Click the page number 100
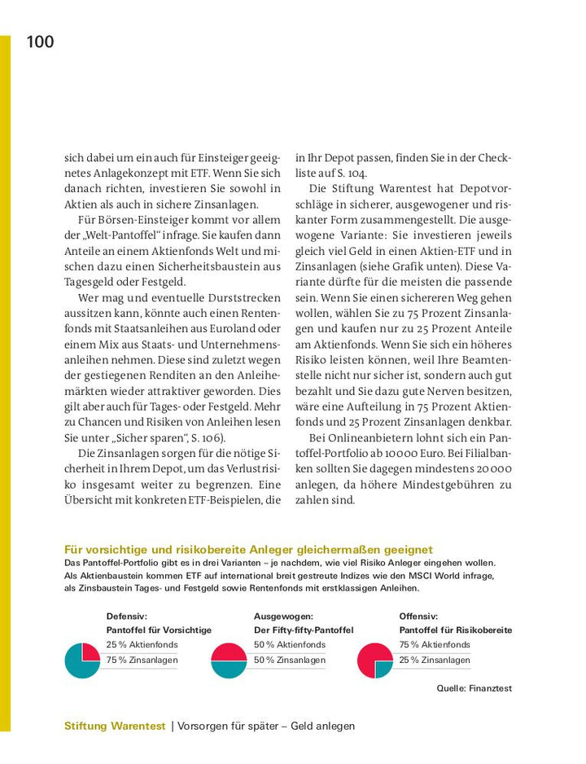click(40, 42)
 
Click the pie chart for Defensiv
click(81, 660)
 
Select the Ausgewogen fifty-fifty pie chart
click(228, 660)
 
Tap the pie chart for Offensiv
click(375, 660)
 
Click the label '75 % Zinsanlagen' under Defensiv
click(142, 661)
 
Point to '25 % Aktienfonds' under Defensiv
click(142, 644)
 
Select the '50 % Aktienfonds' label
click(289, 644)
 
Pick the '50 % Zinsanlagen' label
click(289, 661)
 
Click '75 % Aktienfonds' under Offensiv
click(435, 644)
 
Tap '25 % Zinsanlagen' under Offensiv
click(435, 661)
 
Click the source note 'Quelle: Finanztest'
click(474, 688)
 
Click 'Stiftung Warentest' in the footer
click(114, 726)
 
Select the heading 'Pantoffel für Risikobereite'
click(455, 630)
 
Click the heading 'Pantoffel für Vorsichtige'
click(159, 630)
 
